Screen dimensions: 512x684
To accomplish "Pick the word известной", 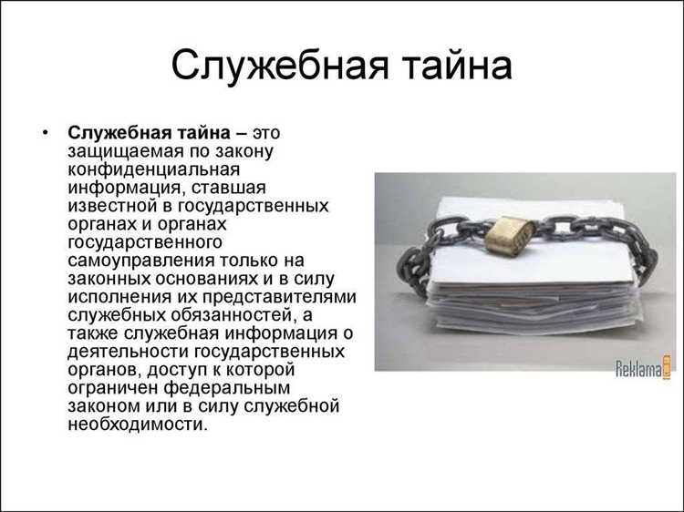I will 106,207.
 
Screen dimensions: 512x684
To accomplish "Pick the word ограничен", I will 109,388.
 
